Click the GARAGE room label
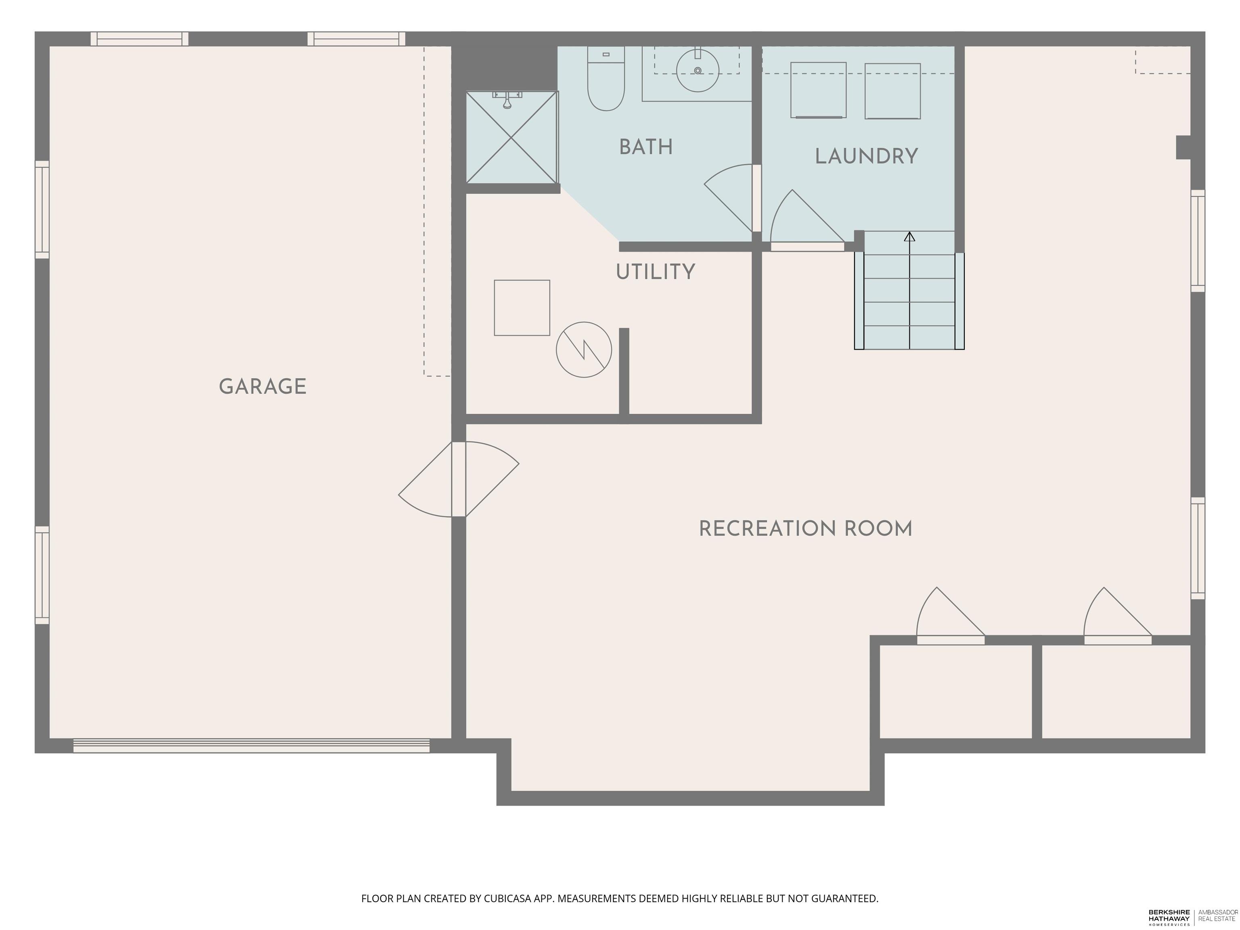(x=262, y=386)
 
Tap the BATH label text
(x=646, y=147)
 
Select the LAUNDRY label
(x=866, y=156)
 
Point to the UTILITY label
(x=655, y=272)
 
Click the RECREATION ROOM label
(x=806, y=529)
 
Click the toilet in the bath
(x=605, y=78)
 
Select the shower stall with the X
(x=512, y=137)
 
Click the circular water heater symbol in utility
(x=584, y=350)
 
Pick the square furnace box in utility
(x=522, y=308)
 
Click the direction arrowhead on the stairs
(x=909, y=237)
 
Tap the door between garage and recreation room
(x=459, y=479)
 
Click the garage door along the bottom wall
(x=251, y=746)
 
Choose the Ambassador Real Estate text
(x=1217, y=916)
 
